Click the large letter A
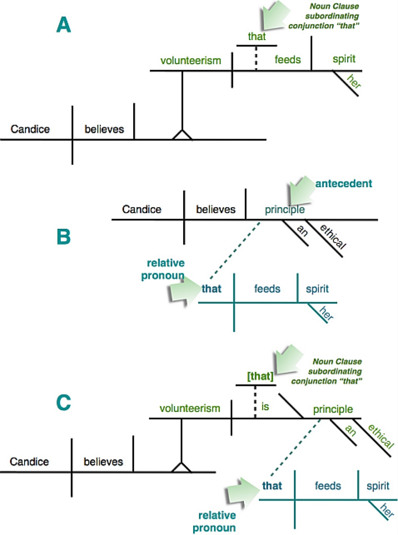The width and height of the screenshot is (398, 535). pos(64,25)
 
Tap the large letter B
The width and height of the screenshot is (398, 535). pos(64,237)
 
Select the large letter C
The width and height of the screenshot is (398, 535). pos(64,402)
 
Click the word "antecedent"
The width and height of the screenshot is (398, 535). pos(344,183)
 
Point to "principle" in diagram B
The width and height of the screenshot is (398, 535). pos(285,210)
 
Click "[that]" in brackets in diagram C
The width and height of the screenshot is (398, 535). pos(261,376)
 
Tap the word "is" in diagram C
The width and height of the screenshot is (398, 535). pos(265,406)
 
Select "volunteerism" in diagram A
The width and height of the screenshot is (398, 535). pos(191,60)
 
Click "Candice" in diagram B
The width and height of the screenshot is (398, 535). pos(142,209)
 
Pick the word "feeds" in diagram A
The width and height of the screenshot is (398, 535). pos(288,59)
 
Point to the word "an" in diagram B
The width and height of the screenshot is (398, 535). pos(303,231)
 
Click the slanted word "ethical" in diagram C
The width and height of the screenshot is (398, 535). pos(381,436)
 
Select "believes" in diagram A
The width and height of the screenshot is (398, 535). pos(104,129)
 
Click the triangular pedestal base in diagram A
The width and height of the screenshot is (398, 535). pos(182,135)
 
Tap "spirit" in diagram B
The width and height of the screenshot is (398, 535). pos(317,289)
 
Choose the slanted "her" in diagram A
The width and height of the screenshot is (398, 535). pos(354,81)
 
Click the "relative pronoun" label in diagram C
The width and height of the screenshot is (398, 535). pos(214,522)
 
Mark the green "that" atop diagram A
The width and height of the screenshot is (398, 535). pos(257,37)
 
